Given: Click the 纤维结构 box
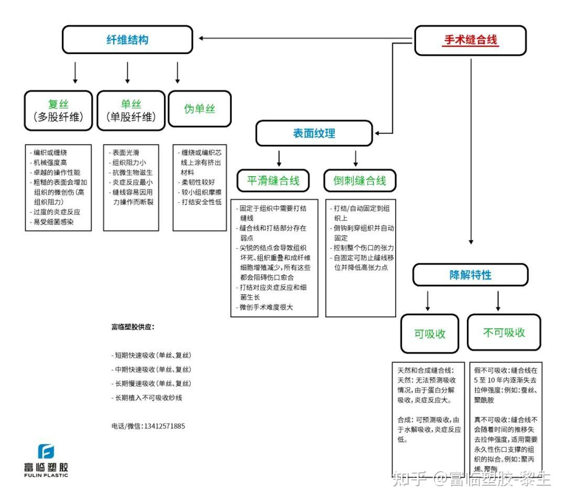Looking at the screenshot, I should pos(127,40).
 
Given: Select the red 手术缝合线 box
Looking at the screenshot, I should pos(470,40).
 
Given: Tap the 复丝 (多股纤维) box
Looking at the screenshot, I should pos(58,111).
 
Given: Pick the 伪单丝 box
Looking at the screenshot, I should pos(199,109).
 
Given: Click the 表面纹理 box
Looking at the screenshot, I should pos(314,133).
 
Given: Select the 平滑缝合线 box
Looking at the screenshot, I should pos(273,181).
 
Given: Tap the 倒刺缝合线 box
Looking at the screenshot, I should pos(360,181).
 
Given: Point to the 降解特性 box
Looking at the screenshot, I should pos(470,275).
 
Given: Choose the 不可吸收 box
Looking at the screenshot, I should pos(504,333).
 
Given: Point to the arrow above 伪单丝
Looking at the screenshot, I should pos(178,73).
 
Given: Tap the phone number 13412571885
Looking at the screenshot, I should pos(164,426).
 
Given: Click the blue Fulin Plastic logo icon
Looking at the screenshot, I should pos(46,451).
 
